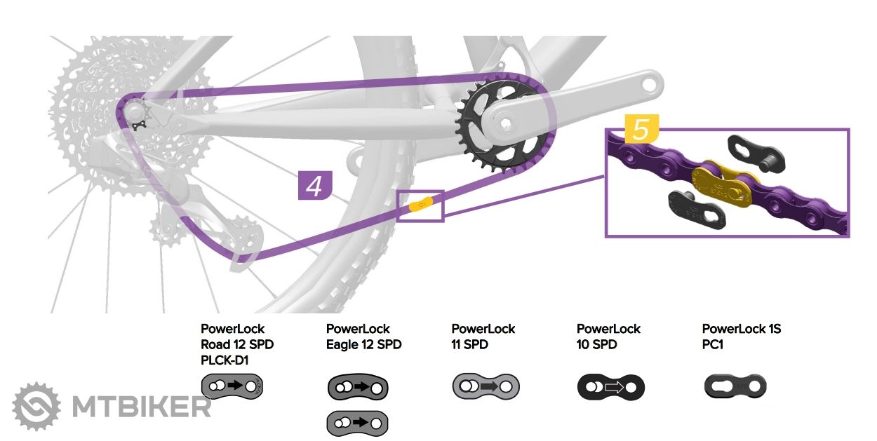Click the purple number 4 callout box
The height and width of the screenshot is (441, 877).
[314, 185]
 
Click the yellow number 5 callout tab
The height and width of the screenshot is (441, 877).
[641, 130]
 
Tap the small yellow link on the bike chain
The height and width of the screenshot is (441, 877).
[421, 205]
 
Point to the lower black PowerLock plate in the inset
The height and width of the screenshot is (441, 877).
[696, 210]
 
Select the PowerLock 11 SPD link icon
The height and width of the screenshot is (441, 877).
[485, 385]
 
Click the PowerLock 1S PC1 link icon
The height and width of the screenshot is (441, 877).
[735, 386]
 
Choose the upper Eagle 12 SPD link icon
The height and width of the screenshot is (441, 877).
[358, 387]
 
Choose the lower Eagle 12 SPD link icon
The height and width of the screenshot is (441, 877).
[358, 423]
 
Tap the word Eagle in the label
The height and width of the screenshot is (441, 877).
[344, 345]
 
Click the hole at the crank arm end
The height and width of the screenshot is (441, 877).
[651, 83]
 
